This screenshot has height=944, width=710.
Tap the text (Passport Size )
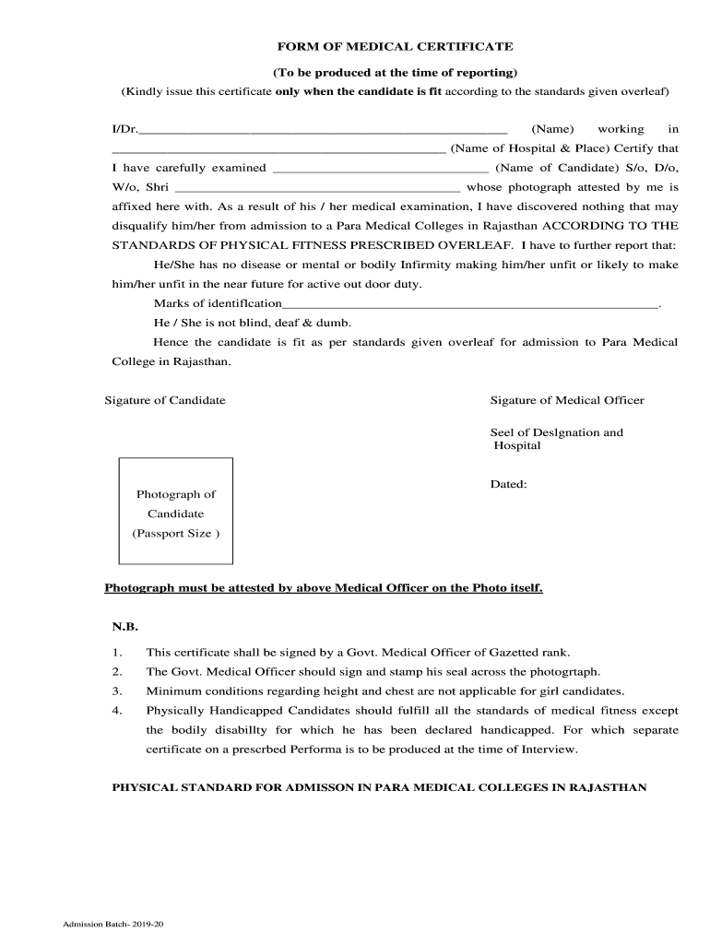[x=175, y=534]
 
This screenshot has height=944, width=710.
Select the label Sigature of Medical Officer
[x=567, y=400]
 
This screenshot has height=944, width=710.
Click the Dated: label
[x=508, y=484]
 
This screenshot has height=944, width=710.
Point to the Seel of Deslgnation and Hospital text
[x=556, y=439]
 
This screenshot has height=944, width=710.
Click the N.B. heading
[x=124, y=626]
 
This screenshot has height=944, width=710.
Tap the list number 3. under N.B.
[x=117, y=690]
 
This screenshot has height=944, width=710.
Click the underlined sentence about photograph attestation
[x=324, y=587]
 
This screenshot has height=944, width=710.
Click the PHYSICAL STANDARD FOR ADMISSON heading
[x=379, y=788]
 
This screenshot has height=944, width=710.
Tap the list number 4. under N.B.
[x=117, y=711]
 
